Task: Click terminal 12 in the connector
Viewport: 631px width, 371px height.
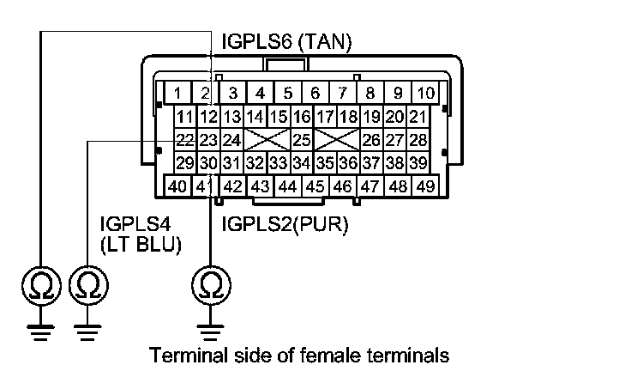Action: click(208, 116)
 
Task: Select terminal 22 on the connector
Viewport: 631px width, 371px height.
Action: click(184, 139)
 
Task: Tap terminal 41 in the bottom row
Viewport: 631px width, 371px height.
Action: click(203, 185)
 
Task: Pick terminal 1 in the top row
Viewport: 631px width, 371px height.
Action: click(177, 92)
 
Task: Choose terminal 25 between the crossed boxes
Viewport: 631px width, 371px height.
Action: click(300, 139)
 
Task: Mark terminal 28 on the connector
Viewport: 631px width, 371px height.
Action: click(418, 139)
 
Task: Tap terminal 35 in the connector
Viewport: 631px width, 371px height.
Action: click(324, 162)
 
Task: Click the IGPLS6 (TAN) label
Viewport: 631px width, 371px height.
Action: click(286, 41)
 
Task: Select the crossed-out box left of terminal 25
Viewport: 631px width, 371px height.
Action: click(266, 139)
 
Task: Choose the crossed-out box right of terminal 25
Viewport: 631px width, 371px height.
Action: click(336, 139)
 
